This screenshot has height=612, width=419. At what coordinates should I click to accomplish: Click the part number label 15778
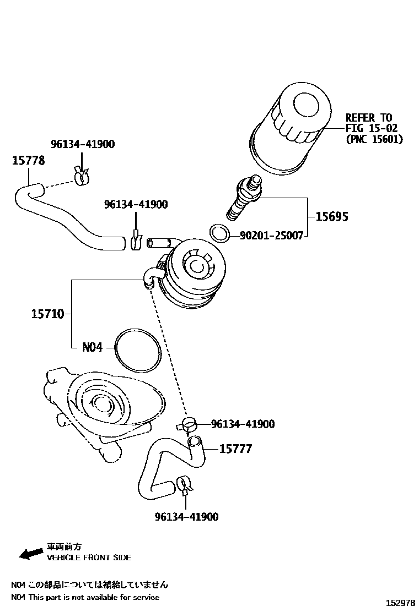pyautogui.click(x=28, y=161)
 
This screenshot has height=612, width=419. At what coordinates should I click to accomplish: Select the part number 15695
pyautogui.click(x=331, y=216)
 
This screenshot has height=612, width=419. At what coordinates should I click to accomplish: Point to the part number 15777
pyautogui.click(x=235, y=449)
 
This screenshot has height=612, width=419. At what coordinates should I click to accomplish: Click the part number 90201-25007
pyautogui.click(x=271, y=236)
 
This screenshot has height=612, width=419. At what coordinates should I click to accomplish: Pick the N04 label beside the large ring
pyautogui.click(x=92, y=348)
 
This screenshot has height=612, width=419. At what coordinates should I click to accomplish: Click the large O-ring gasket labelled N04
pyautogui.click(x=138, y=350)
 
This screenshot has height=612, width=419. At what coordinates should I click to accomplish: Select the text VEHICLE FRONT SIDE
pyautogui.click(x=89, y=558)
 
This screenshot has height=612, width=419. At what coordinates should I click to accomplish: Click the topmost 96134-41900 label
pyautogui.click(x=83, y=144)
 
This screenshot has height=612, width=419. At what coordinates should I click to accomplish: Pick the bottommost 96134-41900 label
pyautogui.click(x=186, y=517)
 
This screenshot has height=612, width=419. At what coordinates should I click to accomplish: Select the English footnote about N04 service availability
pyautogui.click(x=85, y=597)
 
